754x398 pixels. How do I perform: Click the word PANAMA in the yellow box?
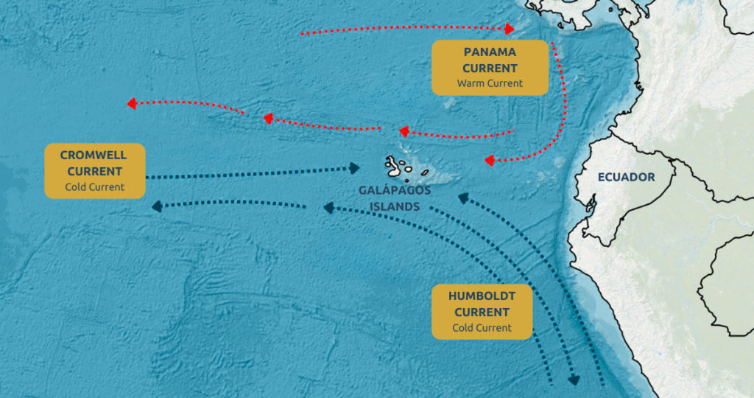pyautogui.click(x=490, y=52)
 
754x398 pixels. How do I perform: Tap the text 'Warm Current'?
pyautogui.click(x=490, y=83)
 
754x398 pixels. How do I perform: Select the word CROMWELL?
pyautogui.click(x=94, y=156)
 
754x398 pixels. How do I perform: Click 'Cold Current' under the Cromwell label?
pyautogui.click(x=94, y=187)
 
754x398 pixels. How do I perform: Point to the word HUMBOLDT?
pyautogui.click(x=482, y=296)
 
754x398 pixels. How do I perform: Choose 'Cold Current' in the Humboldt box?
pyautogui.click(x=482, y=328)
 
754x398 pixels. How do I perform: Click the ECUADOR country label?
pyautogui.click(x=626, y=178)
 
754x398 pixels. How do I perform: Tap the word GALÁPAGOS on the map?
pyautogui.click(x=395, y=190)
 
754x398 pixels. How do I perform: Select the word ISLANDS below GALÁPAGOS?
pyautogui.click(x=395, y=207)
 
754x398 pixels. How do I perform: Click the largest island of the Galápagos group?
pyautogui.click(x=395, y=166)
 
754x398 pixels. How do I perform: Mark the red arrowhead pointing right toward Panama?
pyautogui.click(x=510, y=29)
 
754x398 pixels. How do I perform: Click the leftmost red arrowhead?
pyautogui.click(x=132, y=104)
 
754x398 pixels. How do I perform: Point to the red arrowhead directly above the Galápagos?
pyautogui.click(x=403, y=132)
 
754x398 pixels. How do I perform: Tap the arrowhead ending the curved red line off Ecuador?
pyautogui.click(x=489, y=160)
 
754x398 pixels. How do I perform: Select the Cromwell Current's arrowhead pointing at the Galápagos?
pyautogui.click(x=354, y=169)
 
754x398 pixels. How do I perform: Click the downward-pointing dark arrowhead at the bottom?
pyautogui.click(x=574, y=380)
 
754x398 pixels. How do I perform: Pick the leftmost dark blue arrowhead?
pyautogui.click(x=157, y=207)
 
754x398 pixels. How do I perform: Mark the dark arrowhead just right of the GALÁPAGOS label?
pyautogui.click(x=462, y=198)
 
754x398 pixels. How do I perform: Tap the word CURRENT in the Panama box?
pyautogui.click(x=490, y=68)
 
